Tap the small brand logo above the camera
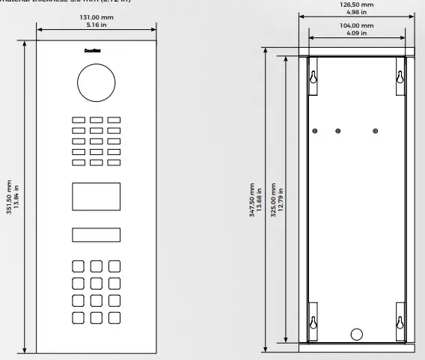96,52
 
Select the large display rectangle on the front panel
96,196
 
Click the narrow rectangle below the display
96,235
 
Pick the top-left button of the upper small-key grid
78,120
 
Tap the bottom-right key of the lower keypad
114,317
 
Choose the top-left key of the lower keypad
78,266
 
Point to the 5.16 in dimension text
96,23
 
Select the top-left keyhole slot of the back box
314,76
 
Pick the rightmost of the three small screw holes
375,131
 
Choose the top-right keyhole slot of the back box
400,76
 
